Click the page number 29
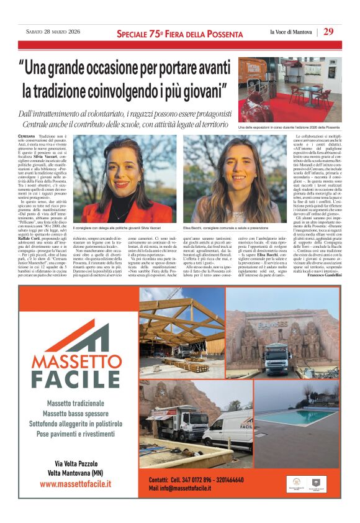point(328,32)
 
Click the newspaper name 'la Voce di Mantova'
point(291,32)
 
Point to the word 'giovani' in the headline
point(200,90)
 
